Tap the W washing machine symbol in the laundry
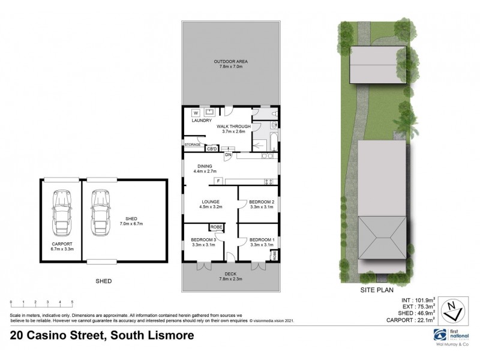point(196,112)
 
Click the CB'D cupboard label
point(211,148)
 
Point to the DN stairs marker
point(228,155)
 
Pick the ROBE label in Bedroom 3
point(215,227)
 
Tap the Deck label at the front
point(231,275)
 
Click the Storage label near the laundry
point(193,145)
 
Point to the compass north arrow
point(454,313)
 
